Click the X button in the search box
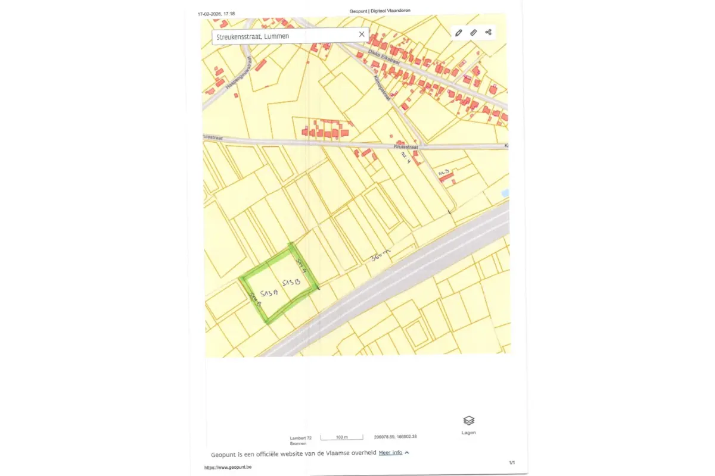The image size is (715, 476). (361, 35)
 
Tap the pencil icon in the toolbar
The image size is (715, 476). (458, 33)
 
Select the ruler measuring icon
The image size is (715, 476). (474, 33)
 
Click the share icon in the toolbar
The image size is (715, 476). (489, 32)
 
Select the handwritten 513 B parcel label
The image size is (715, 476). (291, 281)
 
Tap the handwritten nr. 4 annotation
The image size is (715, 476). (405, 157)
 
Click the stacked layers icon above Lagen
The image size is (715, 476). (468, 421)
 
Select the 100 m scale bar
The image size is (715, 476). (341, 437)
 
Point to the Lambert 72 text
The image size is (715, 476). (301, 438)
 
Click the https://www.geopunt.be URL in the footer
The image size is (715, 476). (228, 468)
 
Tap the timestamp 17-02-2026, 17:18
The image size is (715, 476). (216, 14)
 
